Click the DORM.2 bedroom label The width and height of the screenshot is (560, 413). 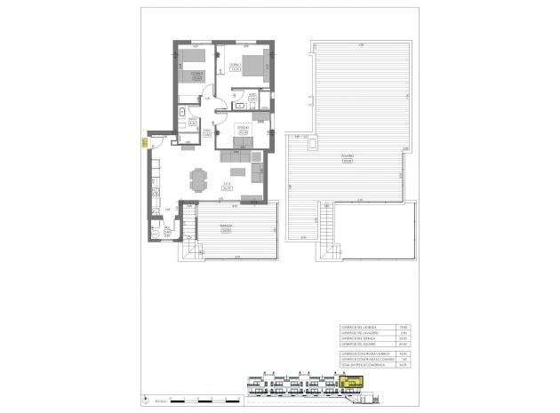tap(196, 75)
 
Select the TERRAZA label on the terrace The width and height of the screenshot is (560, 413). tap(213, 228)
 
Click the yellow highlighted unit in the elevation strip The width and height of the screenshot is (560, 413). tap(351, 382)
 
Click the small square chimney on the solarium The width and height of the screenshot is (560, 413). tap(316, 141)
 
